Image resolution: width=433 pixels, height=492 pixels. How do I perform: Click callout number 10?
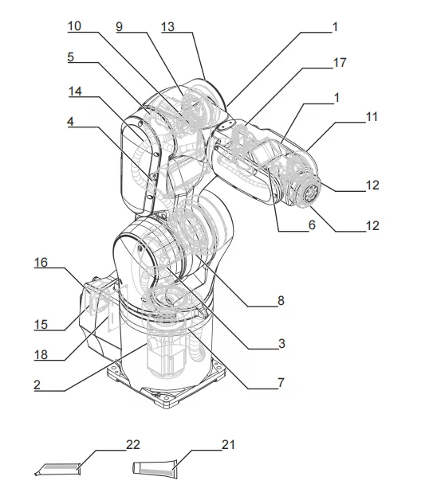click(x=74, y=25)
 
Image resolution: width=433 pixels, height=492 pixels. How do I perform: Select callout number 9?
click(x=120, y=25)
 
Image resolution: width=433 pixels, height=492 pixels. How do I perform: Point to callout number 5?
click(x=70, y=57)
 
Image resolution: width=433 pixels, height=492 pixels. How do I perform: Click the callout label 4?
click(x=70, y=123)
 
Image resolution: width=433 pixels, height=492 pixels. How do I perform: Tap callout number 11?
click(x=372, y=116)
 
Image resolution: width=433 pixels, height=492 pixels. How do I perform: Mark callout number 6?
click(x=311, y=225)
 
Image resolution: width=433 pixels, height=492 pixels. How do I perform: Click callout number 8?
click(x=281, y=300)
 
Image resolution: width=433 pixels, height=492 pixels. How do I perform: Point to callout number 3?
click(x=281, y=344)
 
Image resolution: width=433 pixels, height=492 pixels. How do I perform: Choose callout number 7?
click(x=280, y=383)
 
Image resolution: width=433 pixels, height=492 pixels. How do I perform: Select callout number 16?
click(x=41, y=260)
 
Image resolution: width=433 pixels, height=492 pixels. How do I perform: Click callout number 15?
click(x=41, y=325)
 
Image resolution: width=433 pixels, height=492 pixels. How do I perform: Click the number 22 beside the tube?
click(x=133, y=443)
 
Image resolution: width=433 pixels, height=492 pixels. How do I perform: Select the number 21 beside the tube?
click(x=229, y=443)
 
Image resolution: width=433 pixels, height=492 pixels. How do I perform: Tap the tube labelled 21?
click(x=159, y=468)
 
